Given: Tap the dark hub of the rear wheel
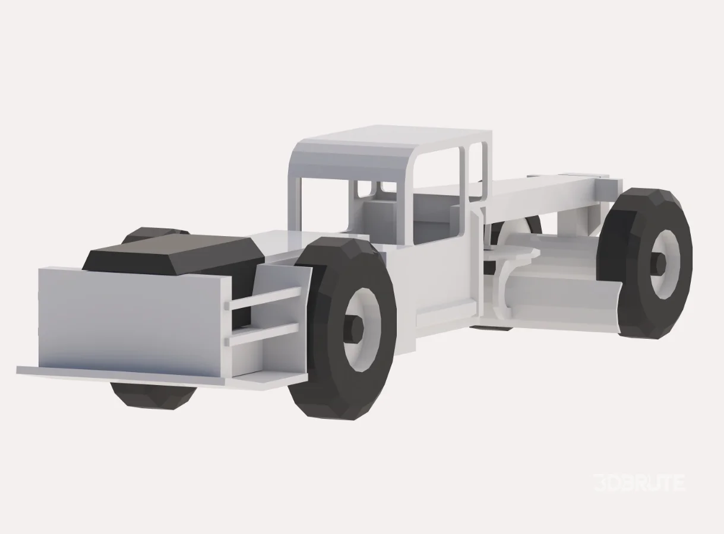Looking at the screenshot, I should point(658,263).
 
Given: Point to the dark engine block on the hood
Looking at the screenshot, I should point(172,252).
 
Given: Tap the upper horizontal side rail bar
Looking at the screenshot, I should point(264,298).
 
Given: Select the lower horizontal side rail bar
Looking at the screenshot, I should point(264,334).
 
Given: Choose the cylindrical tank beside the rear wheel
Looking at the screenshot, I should point(552,279).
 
